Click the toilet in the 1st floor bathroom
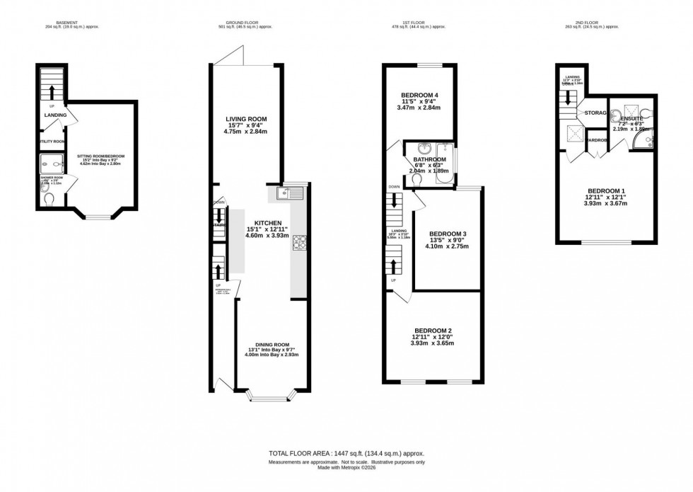coord(418,180)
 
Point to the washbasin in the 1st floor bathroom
coord(426,149)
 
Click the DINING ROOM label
coord(272,345)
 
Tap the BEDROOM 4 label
coord(420,96)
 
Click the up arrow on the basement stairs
coord(51,91)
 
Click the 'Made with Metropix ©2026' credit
coord(346,467)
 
